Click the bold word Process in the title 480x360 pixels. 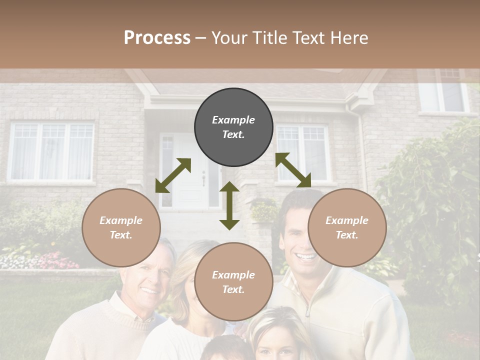coord(157,38)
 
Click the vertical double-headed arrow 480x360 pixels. coord(229,205)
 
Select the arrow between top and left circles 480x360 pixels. coord(173,175)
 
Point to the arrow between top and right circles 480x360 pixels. coord(293,170)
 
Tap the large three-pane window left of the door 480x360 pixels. coord(52,151)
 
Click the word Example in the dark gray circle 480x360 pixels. coord(233,120)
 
